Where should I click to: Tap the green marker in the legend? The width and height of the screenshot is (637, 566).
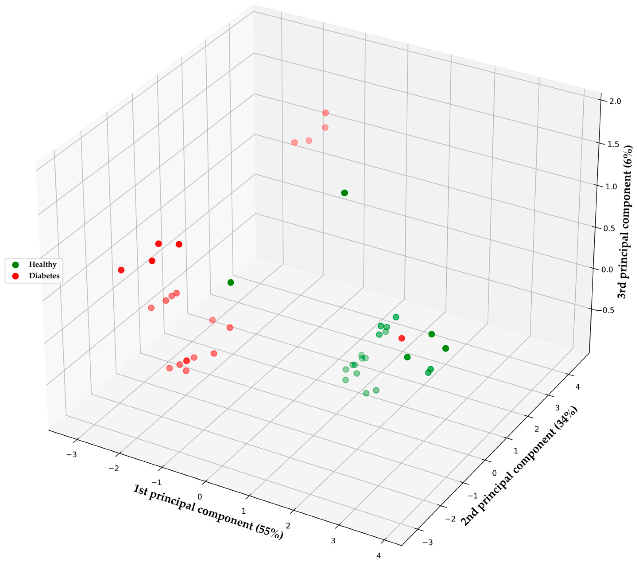[15, 265]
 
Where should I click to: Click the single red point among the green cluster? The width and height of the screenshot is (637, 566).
[402, 338]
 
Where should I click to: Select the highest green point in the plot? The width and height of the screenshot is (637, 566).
[344, 193]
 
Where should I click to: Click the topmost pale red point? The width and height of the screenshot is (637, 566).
[325, 113]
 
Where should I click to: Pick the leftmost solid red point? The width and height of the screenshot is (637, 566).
[121, 270]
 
